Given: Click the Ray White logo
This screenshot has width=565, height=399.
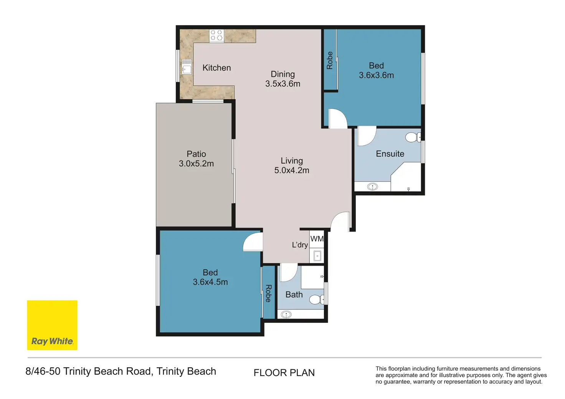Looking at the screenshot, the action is point(52,325).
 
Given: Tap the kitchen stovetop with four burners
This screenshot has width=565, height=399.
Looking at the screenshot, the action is point(216,36).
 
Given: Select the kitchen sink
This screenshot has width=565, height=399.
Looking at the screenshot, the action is point(187,67).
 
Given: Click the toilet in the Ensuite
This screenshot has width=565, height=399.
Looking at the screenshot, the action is point(413,137).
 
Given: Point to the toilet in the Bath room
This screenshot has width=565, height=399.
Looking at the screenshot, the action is point(317,299).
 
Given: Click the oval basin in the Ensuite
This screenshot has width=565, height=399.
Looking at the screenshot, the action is point(372,187).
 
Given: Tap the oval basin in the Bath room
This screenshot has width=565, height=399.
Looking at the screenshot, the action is point(286,314).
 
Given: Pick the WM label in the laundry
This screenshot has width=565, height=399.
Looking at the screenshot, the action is point(317,238).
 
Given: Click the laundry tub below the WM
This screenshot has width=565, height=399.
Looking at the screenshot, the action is point(317,256).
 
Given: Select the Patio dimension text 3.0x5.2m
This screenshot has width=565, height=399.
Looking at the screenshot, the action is point(196,164).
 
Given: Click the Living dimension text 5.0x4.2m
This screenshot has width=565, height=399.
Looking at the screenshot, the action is point(292,170).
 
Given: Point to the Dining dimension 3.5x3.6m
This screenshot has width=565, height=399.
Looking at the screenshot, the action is point(283,84).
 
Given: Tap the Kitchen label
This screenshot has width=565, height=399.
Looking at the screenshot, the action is point(216,68).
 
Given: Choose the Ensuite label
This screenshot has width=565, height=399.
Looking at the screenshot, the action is point(390,154).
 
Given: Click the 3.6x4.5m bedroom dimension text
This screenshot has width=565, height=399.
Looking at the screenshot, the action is point(210,282).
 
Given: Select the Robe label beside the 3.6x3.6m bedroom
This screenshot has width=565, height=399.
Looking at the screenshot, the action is point(330,61).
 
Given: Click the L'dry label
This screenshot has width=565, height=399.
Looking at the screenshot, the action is point(300,245).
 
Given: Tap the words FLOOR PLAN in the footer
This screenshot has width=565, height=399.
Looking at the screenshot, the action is point(284,373).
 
